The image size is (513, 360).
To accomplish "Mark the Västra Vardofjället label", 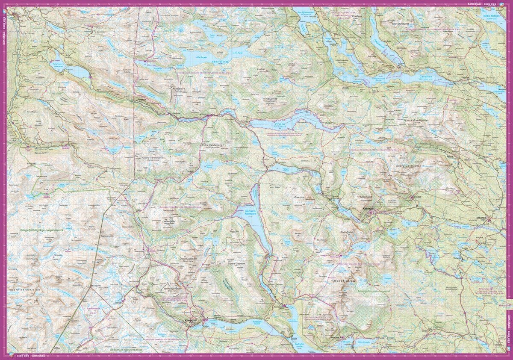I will click(153, 157).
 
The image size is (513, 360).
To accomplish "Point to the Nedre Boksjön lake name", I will click(492, 16).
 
